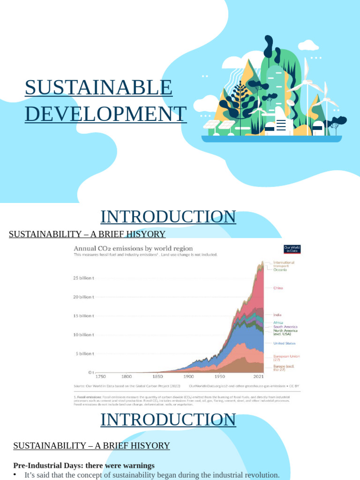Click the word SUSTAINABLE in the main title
tap(98, 88)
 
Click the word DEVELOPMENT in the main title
tap(105, 114)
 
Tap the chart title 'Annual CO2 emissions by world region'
tap(133, 248)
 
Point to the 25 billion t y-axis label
tap(83, 278)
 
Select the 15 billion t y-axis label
tap(83, 316)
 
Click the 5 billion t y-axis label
tap(84, 354)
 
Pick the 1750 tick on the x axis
tap(101, 376)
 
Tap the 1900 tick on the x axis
tap(188, 376)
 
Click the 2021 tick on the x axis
tap(258, 376)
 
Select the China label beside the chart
tap(278, 288)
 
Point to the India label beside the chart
tap(277, 315)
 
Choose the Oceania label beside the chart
tap(280, 270)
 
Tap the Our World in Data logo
tap(292, 249)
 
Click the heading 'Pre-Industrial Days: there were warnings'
tap(84, 465)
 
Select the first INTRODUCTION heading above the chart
tap(168, 217)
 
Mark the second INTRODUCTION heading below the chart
tap(168, 420)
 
